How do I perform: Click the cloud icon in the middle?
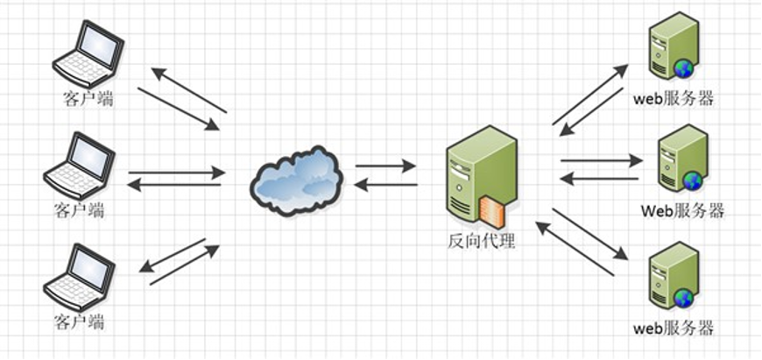(x=294, y=174)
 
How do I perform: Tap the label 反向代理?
(x=480, y=239)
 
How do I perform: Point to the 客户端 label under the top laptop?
(x=88, y=98)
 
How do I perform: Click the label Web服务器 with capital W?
(x=682, y=211)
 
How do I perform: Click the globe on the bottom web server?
(x=683, y=299)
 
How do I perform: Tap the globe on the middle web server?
(x=693, y=181)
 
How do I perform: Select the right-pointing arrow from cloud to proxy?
(x=385, y=164)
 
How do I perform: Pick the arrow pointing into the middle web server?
(x=602, y=160)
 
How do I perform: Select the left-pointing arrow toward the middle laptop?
(x=175, y=185)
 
